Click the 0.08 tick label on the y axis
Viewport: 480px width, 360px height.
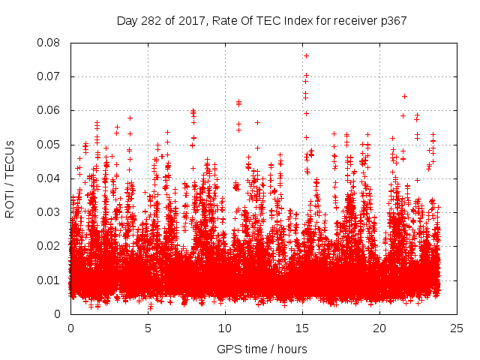click(50, 43)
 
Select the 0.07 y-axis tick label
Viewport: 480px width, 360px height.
click(50, 76)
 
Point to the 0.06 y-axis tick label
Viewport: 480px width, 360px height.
click(50, 110)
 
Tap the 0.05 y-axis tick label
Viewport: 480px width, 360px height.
click(50, 144)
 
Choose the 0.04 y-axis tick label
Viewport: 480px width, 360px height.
click(50, 178)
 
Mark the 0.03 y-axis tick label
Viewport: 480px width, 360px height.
click(50, 212)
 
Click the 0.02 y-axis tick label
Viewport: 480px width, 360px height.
click(50, 246)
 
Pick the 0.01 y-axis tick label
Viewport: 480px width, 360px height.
click(50, 280)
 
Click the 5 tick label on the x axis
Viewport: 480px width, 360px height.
click(148, 328)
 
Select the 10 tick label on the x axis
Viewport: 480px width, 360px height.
click(225, 328)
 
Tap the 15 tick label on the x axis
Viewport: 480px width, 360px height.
click(302, 328)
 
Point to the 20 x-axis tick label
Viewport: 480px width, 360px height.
click(379, 328)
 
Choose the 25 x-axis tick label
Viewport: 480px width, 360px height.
click(457, 328)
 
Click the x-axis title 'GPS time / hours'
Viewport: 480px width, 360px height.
click(262, 349)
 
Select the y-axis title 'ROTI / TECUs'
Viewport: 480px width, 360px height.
click(10, 178)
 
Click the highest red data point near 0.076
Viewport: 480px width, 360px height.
click(306, 55)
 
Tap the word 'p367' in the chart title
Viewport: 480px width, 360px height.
click(392, 20)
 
